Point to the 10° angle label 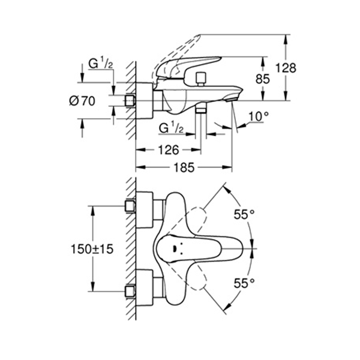coord(256,116)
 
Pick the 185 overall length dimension coord(184,169)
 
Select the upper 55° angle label coord(244,214)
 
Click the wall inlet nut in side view coord(129,101)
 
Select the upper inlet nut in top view coord(128,207)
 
